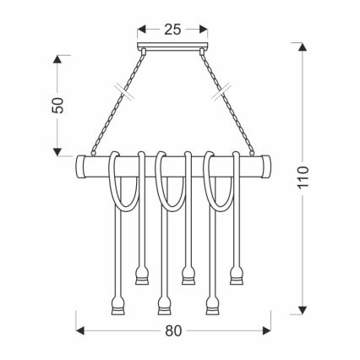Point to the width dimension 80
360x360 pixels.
[172, 330]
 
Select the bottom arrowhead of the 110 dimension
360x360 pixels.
[302, 308]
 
